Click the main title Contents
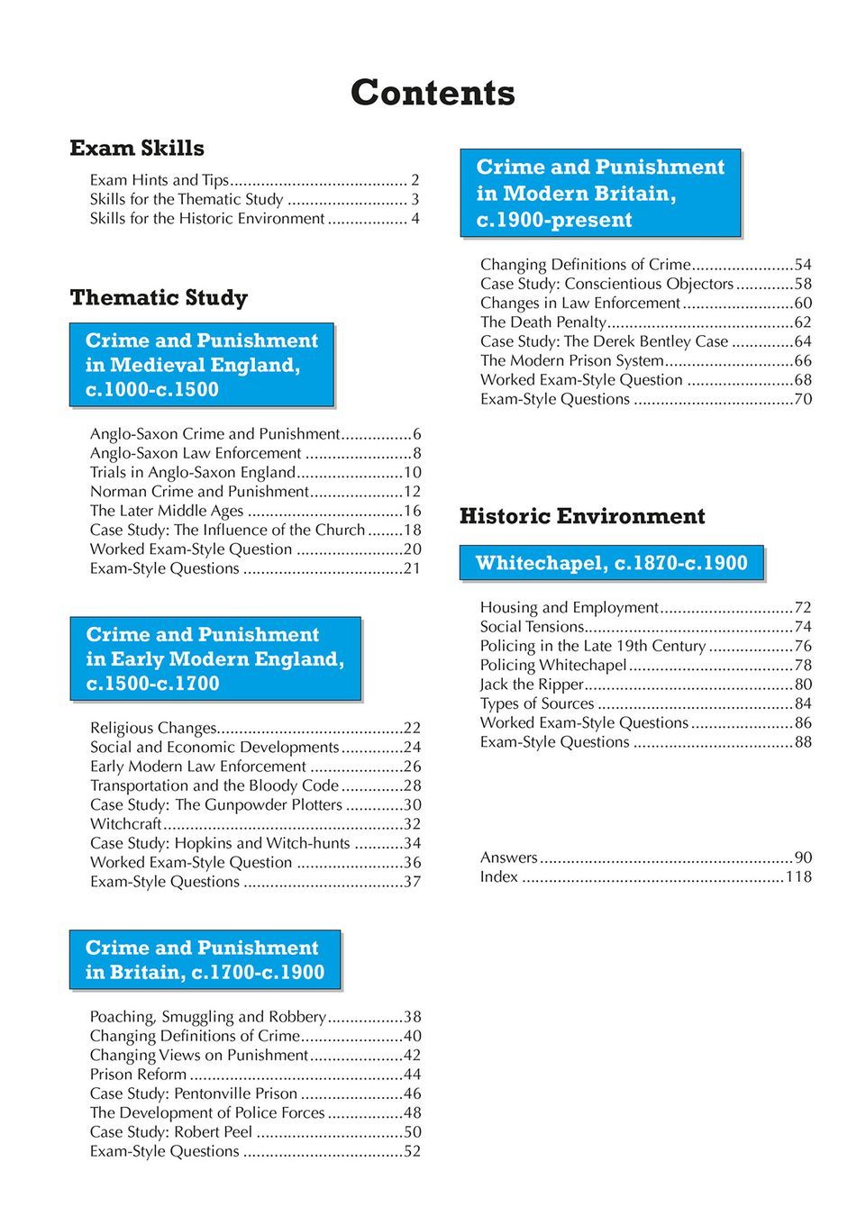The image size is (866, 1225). [x=433, y=93]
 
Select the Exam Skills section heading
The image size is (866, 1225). [x=137, y=149]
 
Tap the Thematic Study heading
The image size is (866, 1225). [x=159, y=298]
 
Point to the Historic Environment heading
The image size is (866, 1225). [x=582, y=516]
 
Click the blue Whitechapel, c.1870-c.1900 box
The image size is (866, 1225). [x=612, y=563]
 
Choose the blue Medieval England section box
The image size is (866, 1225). [x=202, y=365]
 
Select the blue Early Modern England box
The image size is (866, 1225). [x=215, y=658]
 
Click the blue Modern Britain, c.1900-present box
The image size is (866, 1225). [x=600, y=193]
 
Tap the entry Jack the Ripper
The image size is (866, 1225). [x=532, y=685]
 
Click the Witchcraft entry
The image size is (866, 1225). [x=126, y=824]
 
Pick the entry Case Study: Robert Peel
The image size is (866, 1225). [x=171, y=1132]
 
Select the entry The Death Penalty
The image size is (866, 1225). [x=543, y=322]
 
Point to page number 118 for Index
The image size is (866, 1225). [x=798, y=877]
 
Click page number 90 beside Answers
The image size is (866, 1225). [x=803, y=857]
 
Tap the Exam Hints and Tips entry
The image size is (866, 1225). [x=160, y=180]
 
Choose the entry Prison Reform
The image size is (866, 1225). [x=139, y=1075]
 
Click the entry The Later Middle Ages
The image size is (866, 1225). [x=167, y=511]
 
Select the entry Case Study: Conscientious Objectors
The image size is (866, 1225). [x=606, y=284]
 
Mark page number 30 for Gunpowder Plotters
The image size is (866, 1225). [x=412, y=805]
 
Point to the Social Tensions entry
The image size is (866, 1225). [x=532, y=627]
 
